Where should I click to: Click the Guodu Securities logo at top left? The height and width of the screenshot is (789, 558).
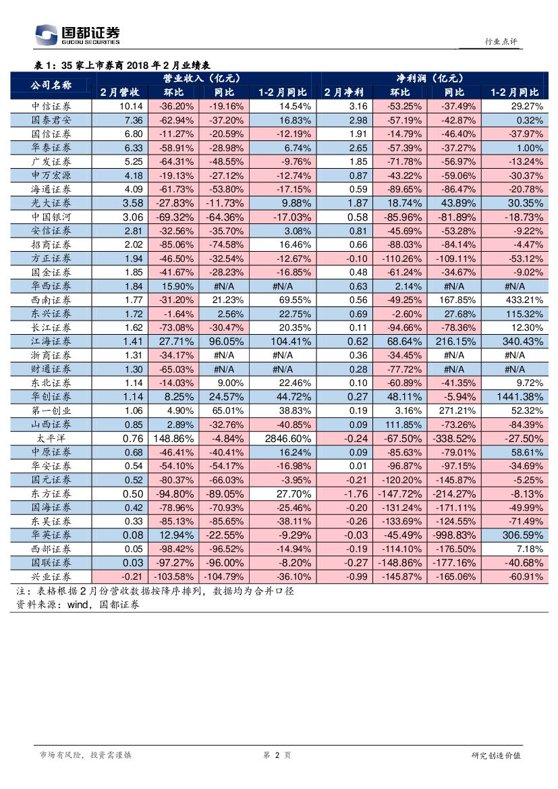point(77,34)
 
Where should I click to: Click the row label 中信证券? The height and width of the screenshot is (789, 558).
point(51,106)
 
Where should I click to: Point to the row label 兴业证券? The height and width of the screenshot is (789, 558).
point(51,576)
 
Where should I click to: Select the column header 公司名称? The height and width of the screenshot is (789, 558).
point(51,85)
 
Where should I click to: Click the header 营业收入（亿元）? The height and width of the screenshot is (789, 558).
point(202,78)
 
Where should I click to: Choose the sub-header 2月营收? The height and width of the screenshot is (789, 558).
point(119,92)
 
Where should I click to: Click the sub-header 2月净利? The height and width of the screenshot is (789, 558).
point(343,92)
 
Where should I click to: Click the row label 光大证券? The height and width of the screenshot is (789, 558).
point(51,203)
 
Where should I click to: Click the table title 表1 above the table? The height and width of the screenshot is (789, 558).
point(121,65)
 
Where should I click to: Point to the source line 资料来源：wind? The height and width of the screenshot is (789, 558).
point(78,605)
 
